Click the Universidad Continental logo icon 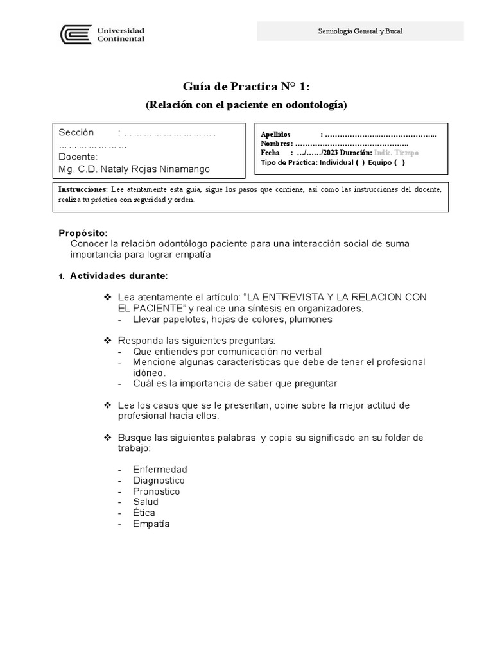tap(75, 34)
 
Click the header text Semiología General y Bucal tap(360, 31)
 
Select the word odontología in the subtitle tap(315, 105)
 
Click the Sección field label tap(76, 133)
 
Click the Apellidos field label tap(275, 134)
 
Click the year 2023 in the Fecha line tap(333, 153)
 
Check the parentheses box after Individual tap(359, 163)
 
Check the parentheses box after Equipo tap(399, 163)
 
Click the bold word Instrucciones tap(82, 190)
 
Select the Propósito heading tap(83, 233)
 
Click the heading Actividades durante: tap(119, 277)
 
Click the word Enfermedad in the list tap(160, 470)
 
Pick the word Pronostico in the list tap(157, 491)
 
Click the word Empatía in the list tap(151, 524)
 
